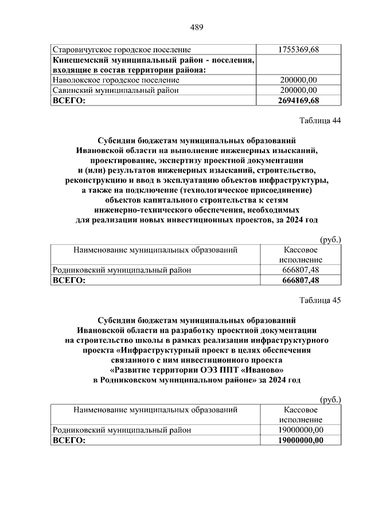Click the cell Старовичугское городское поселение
(x=121, y=50)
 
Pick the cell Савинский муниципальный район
(x=115, y=91)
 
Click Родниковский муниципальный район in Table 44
(x=122, y=270)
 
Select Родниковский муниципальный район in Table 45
(x=122, y=430)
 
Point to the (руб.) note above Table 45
(x=330, y=399)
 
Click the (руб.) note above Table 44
(x=330, y=239)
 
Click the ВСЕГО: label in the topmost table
(x=69, y=101)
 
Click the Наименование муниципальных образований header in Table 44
(x=155, y=250)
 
